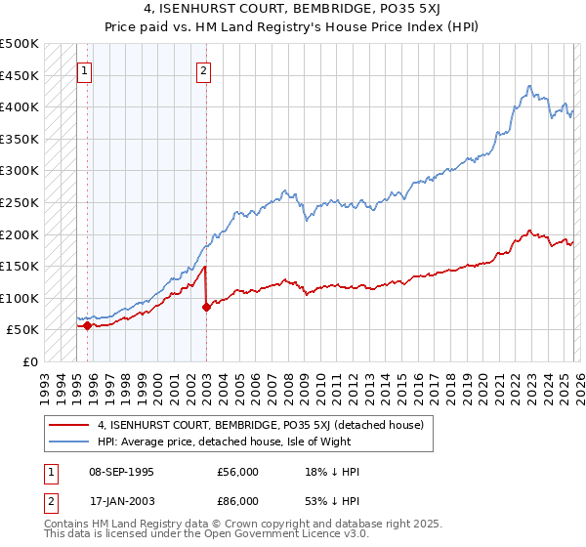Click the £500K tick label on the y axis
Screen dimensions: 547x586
tap(20, 44)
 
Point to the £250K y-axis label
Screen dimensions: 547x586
tap(20, 202)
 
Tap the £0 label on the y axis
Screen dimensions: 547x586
tap(31, 361)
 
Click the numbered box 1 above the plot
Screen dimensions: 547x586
tap(84, 70)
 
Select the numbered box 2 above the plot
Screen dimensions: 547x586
tap(203, 70)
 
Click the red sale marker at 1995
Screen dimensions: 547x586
tap(87, 326)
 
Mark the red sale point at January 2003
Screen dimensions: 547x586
tap(206, 307)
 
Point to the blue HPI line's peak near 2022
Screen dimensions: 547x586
tap(528, 86)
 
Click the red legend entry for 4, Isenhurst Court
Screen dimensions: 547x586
tap(260, 425)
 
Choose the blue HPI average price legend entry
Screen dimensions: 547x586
tap(241, 442)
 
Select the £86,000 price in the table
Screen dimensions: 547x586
tap(238, 500)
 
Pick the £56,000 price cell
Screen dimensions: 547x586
tap(238, 472)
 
